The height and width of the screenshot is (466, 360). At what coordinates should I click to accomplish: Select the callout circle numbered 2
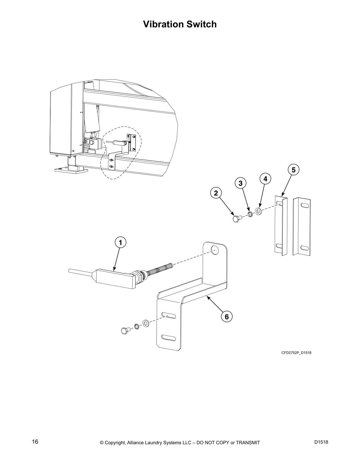coord(216,193)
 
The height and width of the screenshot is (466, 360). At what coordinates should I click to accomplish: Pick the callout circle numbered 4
coord(265,179)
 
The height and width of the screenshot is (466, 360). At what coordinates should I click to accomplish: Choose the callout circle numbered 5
coord(293,170)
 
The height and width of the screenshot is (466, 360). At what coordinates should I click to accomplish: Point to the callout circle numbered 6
coord(226,317)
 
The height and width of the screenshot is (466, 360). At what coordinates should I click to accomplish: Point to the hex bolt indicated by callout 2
coord(236,219)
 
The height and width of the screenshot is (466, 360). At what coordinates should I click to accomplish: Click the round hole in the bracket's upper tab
coord(215,251)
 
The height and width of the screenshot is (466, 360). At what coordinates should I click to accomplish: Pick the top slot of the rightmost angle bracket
coord(305,205)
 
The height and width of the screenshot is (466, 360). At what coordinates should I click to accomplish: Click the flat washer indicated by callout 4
coord(259,212)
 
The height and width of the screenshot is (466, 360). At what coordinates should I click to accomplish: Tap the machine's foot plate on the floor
coord(71,170)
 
